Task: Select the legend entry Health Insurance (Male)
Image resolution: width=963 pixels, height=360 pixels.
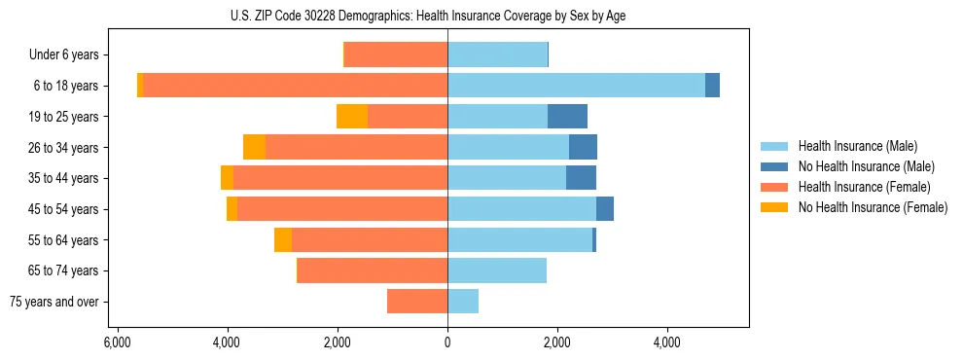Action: (x=857, y=146)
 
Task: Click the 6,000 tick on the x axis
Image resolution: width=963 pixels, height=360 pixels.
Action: (x=117, y=342)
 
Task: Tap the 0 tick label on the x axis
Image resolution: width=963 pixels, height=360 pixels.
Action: (x=447, y=342)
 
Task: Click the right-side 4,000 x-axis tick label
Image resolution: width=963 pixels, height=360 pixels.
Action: (x=667, y=342)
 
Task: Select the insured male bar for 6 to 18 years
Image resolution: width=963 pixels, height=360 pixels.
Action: (x=576, y=86)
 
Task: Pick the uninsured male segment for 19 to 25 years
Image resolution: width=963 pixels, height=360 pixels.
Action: (x=567, y=117)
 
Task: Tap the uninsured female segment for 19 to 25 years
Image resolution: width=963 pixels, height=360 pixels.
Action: (x=352, y=117)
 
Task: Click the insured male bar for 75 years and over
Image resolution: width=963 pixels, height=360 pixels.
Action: (x=463, y=302)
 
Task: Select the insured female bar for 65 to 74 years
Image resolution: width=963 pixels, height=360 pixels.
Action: (x=373, y=270)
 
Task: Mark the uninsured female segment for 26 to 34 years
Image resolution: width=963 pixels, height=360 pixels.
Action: (x=254, y=147)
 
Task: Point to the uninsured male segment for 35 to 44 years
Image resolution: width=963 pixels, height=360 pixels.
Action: (x=581, y=178)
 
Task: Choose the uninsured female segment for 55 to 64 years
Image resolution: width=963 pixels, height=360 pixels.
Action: (x=283, y=240)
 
